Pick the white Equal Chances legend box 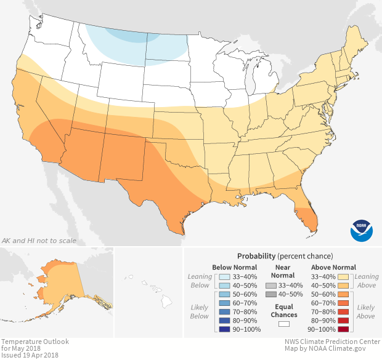pos(283,323)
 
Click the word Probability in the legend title pos(256,256)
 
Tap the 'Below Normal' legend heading pos(234,267)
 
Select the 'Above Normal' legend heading pos(332,267)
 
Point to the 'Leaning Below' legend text pos(200,281)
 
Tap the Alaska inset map pos(59,283)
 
